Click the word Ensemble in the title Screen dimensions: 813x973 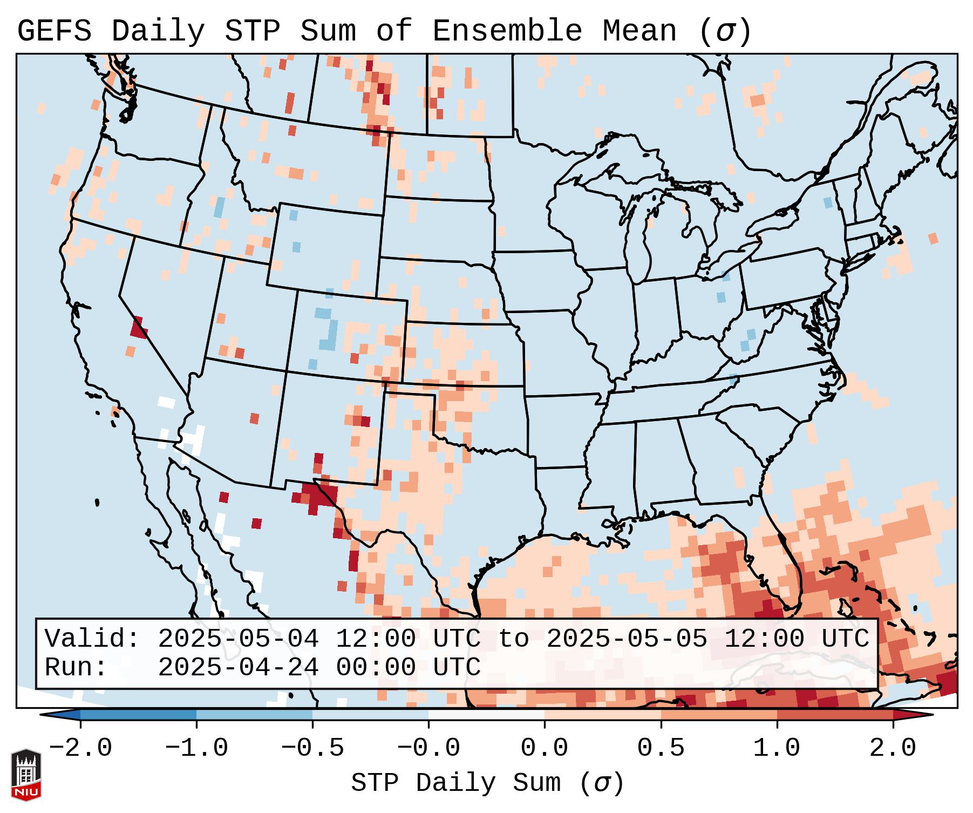pos(507,31)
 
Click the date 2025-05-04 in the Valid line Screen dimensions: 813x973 pos(238,639)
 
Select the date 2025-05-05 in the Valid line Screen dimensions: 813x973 pos(627,639)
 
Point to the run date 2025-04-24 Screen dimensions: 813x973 pos(238,667)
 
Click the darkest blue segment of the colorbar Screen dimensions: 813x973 pos(138,715)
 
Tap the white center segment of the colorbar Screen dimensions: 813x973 pos(486,715)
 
